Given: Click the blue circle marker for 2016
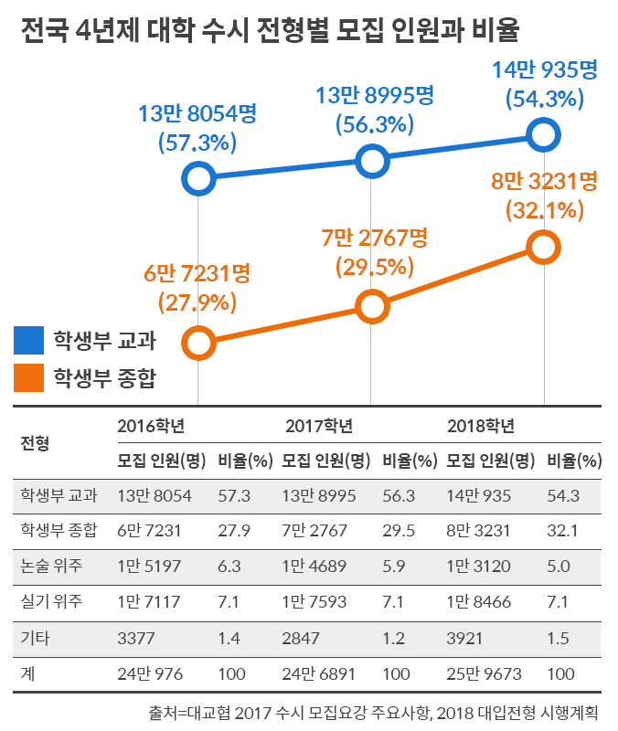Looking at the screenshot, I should click(x=198, y=178).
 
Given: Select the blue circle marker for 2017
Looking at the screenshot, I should click(x=371, y=162).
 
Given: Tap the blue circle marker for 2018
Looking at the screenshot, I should click(x=543, y=135).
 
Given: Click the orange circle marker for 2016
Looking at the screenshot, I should click(x=198, y=343).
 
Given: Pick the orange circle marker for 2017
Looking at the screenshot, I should click(x=371, y=306).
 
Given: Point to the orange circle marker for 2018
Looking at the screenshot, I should click(x=543, y=247).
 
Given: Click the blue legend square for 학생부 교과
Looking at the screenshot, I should click(x=28, y=341).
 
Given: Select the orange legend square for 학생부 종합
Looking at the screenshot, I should click(x=28, y=375).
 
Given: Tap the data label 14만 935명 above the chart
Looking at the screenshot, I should click(x=543, y=69).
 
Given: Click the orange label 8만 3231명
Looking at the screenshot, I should click(x=543, y=181).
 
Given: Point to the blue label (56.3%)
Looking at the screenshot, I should click(x=370, y=123).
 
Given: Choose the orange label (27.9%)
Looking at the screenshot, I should click(x=197, y=302).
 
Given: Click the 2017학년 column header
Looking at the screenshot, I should click(x=319, y=426).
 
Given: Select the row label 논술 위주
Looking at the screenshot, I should click(x=52, y=566).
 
